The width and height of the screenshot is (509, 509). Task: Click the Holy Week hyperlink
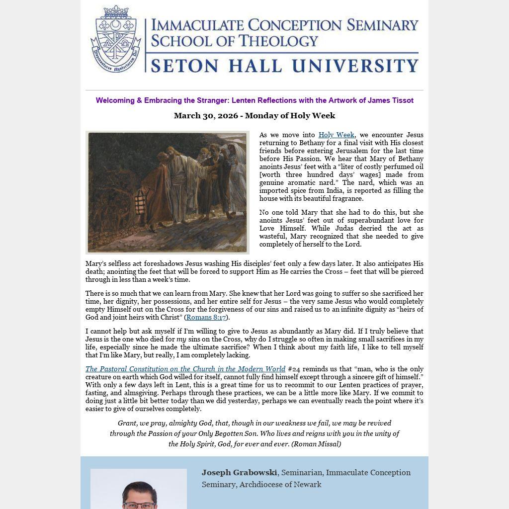(x=336, y=135)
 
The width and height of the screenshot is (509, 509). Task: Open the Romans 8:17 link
(x=206, y=317)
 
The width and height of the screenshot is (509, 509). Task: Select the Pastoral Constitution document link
(x=185, y=369)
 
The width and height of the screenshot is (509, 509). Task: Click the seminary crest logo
(x=116, y=39)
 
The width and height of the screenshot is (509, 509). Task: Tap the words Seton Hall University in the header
(x=284, y=66)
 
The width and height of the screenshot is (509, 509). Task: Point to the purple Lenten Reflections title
(x=254, y=100)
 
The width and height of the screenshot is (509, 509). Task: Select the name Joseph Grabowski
(x=239, y=472)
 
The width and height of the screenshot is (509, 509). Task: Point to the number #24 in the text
(x=294, y=369)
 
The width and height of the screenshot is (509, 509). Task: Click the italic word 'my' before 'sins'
(x=181, y=339)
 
